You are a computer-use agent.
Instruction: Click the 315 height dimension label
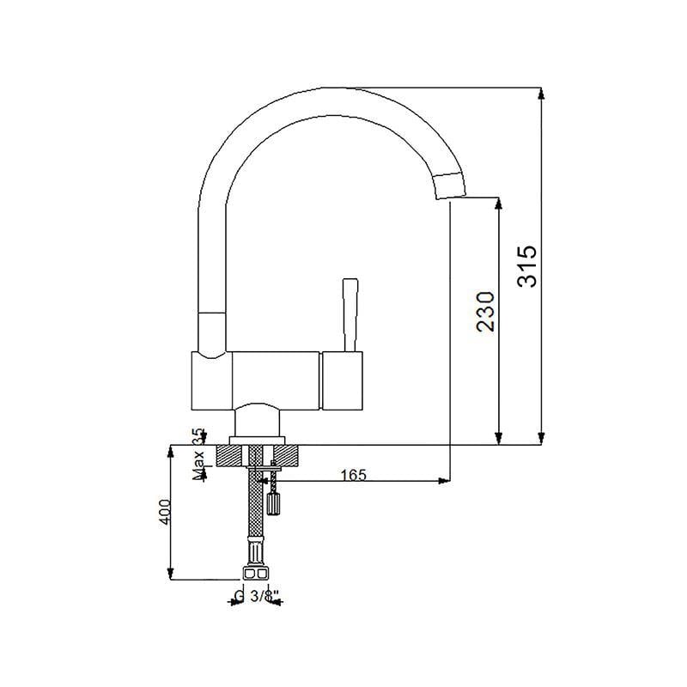coord(526,266)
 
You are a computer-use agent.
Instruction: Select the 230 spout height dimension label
coord(485,311)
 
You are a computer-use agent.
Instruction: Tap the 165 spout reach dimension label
coord(354,475)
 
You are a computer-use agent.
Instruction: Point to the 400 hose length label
coord(165,511)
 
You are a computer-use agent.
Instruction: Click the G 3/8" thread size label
coord(257,596)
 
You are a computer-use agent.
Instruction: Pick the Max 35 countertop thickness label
coord(199,454)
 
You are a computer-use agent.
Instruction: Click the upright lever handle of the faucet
coord(350,314)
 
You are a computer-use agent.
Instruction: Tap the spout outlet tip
coord(452,186)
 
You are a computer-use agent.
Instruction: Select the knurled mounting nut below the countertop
coord(273,504)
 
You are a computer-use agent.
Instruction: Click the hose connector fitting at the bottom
coord(255,573)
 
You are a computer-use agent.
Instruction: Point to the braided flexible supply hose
coord(255,503)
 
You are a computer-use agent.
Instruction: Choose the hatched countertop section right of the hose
coord(286,455)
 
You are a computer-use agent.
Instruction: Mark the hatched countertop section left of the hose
coord(229,455)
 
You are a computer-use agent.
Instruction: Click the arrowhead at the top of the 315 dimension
coord(542,94)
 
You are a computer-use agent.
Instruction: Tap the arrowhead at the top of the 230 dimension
coord(498,204)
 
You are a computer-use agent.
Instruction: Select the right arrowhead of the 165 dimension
coord(444,481)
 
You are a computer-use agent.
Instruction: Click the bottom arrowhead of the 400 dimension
coord(170,573)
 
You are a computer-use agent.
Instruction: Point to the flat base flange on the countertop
coord(257,441)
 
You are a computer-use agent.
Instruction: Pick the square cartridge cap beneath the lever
coord(342,380)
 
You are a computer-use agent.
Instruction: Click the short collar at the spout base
coord(212,335)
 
